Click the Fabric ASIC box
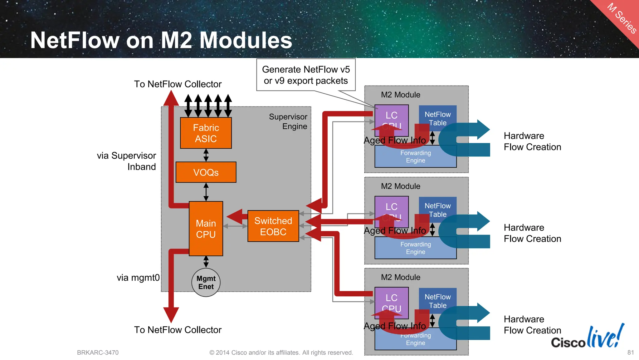[x=206, y=133]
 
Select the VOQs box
[x=206, y=172]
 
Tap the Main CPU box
[x=206, y=229]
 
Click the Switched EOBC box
[x=273, y=226]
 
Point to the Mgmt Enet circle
[x=206, y=282]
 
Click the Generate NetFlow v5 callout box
[x=306, y=75]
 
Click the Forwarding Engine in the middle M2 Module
[x=415, y=248]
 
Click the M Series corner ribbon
[x=621, y=19]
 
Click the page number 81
[x=630, y=353]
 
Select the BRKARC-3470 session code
[x=98, y=353]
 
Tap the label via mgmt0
[x=138, y=278]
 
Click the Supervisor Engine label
[x=288, y=121]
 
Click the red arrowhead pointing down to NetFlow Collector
[x=171, y=314]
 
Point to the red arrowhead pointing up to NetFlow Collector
[x=171, y=99]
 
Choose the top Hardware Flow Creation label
[x=532, y=141]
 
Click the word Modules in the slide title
[x=246, y=40]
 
